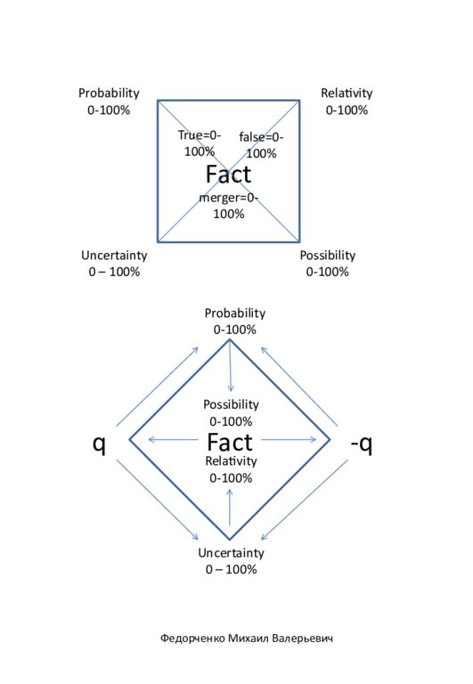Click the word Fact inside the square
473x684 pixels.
(x=228, y=174)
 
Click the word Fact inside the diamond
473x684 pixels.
(x=230, y=442)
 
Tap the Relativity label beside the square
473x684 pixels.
(x=347, y=102)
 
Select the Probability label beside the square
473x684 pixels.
(x=109, y=102)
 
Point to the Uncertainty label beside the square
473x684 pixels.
(x=114, y=264)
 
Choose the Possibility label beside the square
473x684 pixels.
(x=327, y=264)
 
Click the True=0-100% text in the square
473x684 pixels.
(x=200, y=143)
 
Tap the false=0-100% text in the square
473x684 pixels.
(x=261, y=145)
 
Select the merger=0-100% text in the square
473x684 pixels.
(x=229, y=206)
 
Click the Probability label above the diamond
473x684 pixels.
(x=235, y=321)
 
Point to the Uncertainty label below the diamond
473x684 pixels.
(x=231, y=561)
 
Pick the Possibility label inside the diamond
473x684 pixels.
(x=231, y=412)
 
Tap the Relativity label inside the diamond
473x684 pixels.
(x=231, y=469)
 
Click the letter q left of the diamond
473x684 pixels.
(x=100, y=444)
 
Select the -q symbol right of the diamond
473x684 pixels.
(x=362, y=444)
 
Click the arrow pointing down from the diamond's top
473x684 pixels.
(x=231, y=366)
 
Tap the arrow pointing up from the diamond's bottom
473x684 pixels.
(x=230, y=508)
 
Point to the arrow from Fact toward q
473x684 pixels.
(x=173, y=439)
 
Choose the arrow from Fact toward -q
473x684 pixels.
(x=289, y=439)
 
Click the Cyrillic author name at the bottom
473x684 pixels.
(x=246, y=639)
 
